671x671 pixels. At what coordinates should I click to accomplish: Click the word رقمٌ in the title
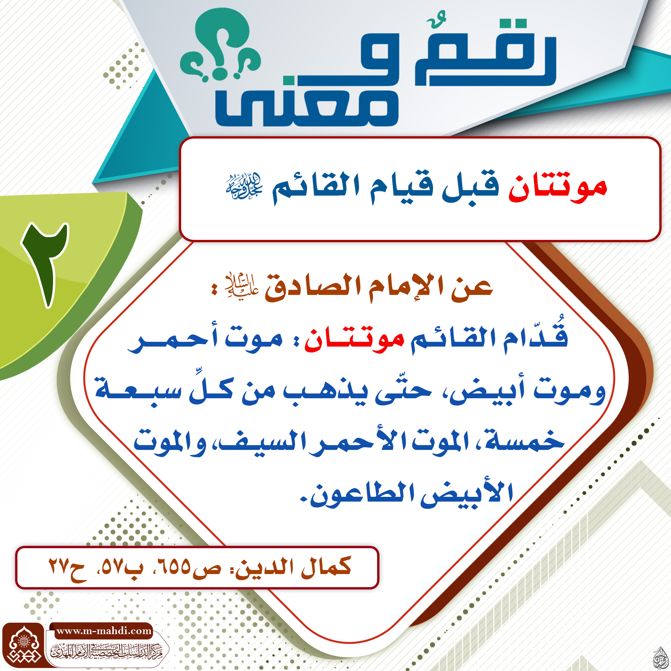tap(486, 52)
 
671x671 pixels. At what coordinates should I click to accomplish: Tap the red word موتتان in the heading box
tap(557, 189)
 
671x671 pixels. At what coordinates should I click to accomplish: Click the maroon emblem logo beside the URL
tap(23, 646)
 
